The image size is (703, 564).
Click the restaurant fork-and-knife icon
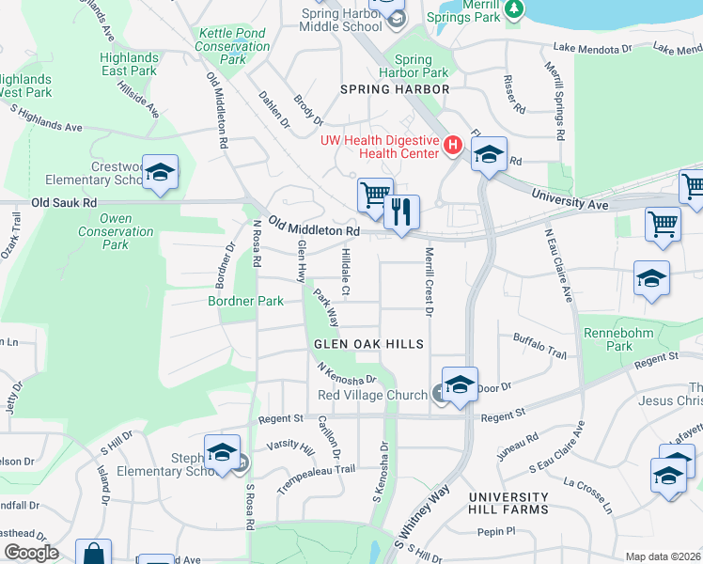401,210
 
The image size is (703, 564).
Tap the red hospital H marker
452,146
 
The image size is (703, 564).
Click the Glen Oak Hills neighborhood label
369,345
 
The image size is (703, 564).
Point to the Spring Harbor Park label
414,66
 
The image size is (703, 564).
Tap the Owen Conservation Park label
116,231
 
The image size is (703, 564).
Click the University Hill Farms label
508,503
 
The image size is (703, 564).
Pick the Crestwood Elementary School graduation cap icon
161,172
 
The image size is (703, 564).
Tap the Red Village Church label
372,395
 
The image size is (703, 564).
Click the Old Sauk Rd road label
64,202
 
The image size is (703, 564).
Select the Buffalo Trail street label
539,346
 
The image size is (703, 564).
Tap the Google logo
32,553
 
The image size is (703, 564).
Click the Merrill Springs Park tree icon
513,8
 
